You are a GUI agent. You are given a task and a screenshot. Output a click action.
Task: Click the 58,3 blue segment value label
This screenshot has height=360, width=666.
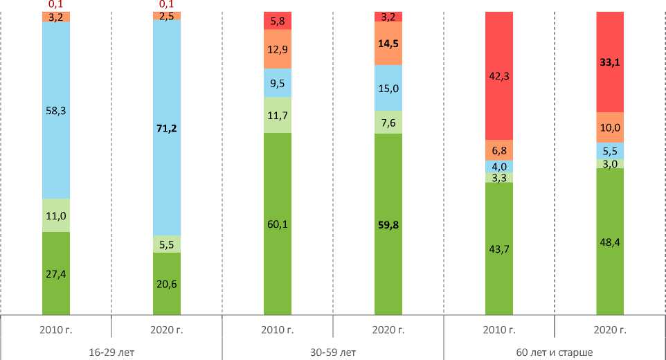[56, 110]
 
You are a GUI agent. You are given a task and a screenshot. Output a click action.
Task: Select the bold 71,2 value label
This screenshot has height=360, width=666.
[167, 127]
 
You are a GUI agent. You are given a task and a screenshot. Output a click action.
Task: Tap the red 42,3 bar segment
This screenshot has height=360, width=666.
[499, 76]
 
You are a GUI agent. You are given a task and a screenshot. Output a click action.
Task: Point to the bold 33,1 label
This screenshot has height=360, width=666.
[610, 61]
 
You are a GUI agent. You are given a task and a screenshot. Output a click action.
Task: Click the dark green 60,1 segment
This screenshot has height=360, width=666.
[278, 224]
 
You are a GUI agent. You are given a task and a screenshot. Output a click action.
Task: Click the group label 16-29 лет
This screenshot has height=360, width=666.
[111, 352]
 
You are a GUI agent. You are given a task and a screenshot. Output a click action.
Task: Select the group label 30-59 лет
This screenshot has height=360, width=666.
[333, 352]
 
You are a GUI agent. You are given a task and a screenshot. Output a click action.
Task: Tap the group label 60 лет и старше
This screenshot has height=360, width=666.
[554, 352]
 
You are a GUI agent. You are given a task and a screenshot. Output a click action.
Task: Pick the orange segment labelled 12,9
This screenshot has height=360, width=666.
[278, 48]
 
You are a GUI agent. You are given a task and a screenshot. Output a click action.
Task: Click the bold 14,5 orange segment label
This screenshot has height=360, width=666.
[388, 43]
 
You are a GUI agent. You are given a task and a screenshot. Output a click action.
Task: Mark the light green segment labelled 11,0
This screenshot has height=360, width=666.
[56, 215]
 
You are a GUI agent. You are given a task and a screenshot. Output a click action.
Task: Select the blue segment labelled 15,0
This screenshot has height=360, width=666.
[388, 88]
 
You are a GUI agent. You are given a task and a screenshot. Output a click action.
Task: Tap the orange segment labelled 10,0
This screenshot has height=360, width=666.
[610, 127]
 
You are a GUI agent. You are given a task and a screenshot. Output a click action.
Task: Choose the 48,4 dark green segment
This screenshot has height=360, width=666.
[610, 242]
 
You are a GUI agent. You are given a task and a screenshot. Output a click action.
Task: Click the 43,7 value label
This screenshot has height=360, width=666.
[499, 249]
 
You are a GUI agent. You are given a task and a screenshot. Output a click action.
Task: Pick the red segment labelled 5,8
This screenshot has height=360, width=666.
[278, 21]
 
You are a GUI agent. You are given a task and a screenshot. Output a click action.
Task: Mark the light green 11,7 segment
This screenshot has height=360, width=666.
[278, 115]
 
